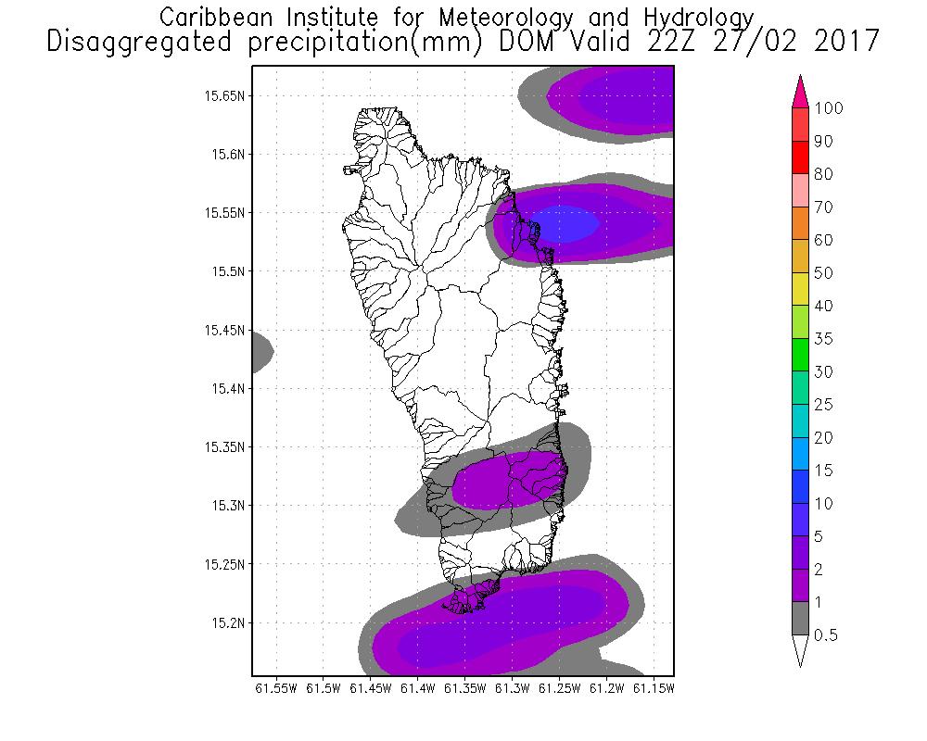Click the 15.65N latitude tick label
225,95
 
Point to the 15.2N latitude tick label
228,622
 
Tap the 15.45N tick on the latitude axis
225,330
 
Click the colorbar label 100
829,108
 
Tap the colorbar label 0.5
826,635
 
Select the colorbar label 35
823,339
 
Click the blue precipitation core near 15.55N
566,224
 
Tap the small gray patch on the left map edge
260,352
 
